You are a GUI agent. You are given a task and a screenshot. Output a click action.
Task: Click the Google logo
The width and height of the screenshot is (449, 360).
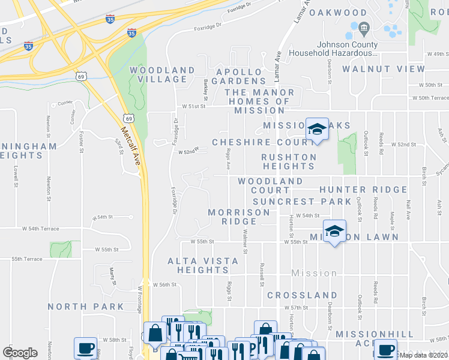tap(20, 353)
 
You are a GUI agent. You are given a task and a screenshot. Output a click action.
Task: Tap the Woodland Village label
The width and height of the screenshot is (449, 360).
tap(162, 75)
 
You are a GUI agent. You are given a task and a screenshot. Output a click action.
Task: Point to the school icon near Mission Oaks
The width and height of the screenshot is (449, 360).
tap(316, 129)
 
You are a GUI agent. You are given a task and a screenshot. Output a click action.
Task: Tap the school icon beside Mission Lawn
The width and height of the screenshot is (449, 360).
tap(334, 231)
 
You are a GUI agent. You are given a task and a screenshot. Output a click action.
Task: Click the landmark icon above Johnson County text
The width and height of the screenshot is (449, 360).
tap(364, 28)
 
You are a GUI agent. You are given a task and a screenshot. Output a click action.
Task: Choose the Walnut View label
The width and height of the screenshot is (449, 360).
tap(383, 69)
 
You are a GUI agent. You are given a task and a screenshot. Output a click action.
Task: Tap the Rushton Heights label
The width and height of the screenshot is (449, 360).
tap(288, 161)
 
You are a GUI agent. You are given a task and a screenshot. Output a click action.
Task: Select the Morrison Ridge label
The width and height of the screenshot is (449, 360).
tap(238, 217)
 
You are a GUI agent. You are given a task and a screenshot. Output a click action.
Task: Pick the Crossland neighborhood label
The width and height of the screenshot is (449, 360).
tap(302, 295)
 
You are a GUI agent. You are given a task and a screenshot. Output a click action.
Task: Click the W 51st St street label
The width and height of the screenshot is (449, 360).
tap(194, 106)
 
